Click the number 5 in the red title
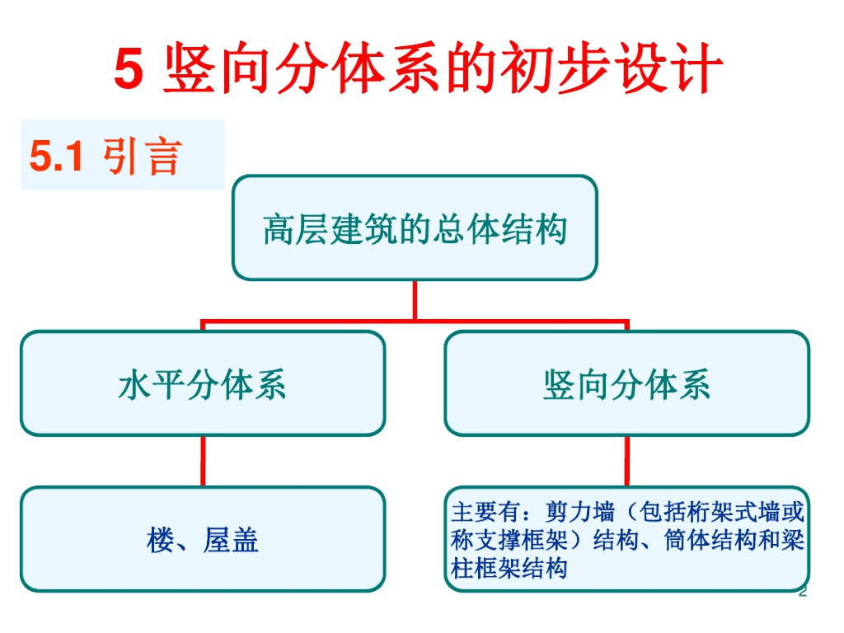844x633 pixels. point(129,69)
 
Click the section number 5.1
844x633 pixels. point(57,155)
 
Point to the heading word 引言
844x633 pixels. point(141,155)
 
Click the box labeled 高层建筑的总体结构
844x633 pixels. point(415,227)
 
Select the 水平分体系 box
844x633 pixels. point(202,383)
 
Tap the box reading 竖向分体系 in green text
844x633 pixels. point(626,383)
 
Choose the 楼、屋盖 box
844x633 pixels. point(202,540)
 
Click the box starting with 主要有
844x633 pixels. point(626,540)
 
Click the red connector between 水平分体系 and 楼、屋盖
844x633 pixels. point(203,461)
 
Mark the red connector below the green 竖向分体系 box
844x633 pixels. point(627,461)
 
